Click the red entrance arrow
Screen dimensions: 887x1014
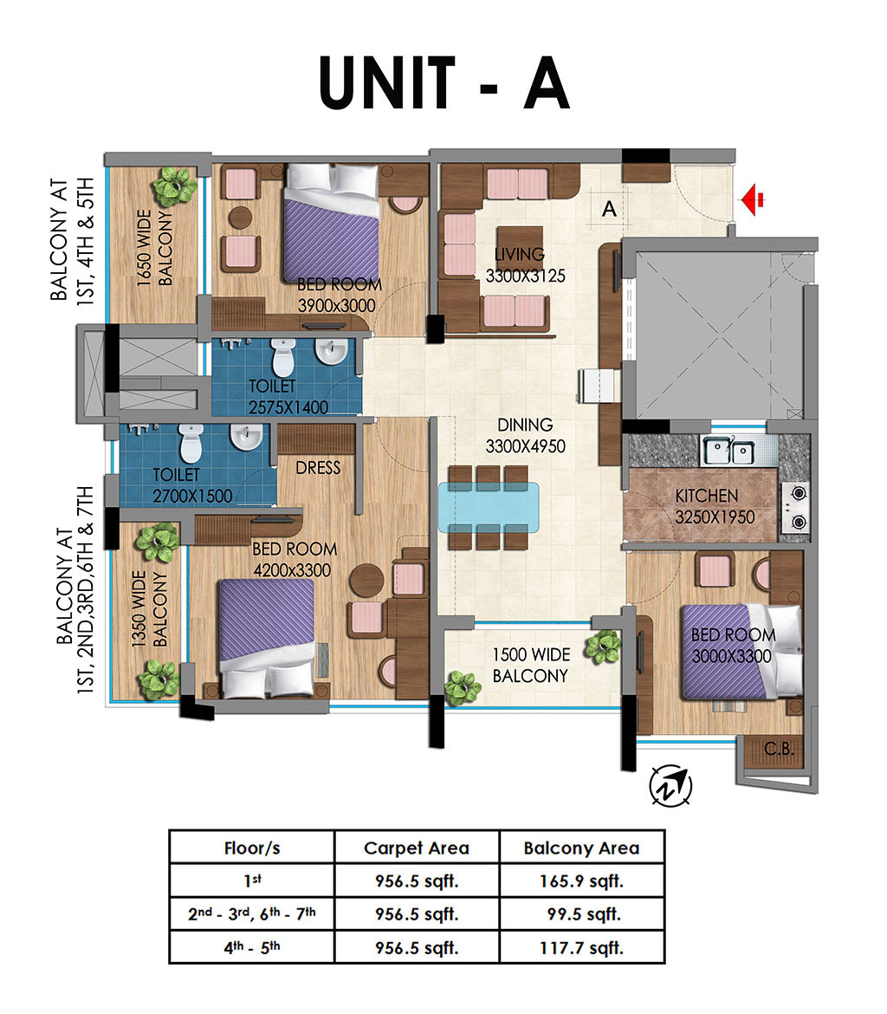point(753,200)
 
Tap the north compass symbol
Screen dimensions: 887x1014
point(670,785)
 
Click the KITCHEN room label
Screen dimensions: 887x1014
point(707,496)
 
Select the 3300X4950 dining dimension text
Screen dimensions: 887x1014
point(526,447)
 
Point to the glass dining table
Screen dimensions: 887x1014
point(489,508)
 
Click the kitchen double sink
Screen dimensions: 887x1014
point(728,451)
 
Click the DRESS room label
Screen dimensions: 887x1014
point(318,467)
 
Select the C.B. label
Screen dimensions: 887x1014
point(779,749)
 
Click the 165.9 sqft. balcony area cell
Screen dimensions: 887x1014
point(582,881)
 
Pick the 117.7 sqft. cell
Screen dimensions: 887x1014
point(582,948)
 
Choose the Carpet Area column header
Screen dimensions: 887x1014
point(417,848)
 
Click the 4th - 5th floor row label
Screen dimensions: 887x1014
point(252,947)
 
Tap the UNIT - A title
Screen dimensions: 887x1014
point(444,82)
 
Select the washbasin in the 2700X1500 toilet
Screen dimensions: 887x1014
point(246,437)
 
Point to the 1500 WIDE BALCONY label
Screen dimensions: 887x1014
point(531,666)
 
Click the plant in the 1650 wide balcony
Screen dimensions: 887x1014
point(175,186)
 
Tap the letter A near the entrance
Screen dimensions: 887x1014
point(609,209)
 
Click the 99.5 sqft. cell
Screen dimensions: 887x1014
point(584,914)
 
